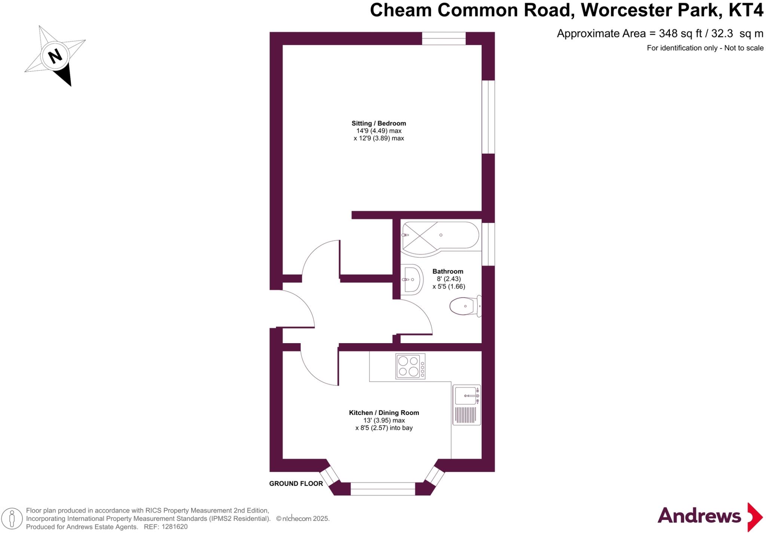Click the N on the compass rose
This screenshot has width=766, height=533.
pyautogui.click(x=55, y=56)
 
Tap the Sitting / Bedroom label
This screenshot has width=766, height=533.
pyautogui.click(x=379, y=123)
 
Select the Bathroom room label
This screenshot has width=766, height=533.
pyautogui.click(x=448, y=271)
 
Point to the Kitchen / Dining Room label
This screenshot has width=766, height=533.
pyautogui.click(x=384, y=413)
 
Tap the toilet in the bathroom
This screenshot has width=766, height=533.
pyautogui.click(x=465, y=306)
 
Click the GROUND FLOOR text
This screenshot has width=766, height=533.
pyautogui.click(x=296, y=484)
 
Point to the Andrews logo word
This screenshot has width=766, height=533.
pyautogui.click(x=699, y=516)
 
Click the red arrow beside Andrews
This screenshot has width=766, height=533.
pyautogui.click(x=754, y=517)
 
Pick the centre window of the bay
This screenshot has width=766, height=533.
pyautogui.click(x=383, y=489)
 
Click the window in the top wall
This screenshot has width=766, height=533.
pyautogui.click(x=444, y=38)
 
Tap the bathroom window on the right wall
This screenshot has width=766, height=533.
pyautogui.click(x=488, y=244)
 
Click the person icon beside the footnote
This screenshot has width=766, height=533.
pyautogui.click(x=12, y=519)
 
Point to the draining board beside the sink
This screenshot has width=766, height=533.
pyautogui.click(x=466, y=415)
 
